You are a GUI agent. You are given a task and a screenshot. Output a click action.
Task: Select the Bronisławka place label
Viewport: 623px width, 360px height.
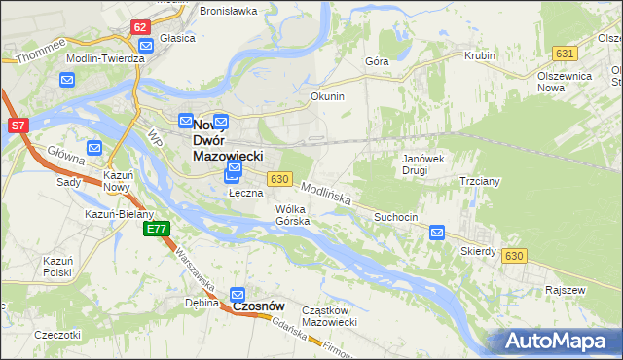click(x=228, y=11)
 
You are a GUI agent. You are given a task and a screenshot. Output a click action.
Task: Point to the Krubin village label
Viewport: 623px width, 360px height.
click(x=480, y=56)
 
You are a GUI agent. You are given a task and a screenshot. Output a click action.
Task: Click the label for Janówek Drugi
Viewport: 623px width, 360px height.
click(x=422, y=163)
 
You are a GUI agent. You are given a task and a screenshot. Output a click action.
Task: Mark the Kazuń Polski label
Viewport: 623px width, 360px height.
click(x=58, y=267)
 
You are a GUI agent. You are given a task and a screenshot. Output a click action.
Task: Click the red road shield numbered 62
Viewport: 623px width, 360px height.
click(x=140, y=27)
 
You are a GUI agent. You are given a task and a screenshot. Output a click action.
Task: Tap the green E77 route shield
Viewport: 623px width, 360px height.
click(x=156, y=229)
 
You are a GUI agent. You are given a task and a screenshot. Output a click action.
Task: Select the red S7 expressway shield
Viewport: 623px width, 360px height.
click(x=18, y=126)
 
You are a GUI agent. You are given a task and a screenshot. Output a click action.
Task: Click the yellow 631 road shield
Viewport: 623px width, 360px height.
click(x=564, y=53)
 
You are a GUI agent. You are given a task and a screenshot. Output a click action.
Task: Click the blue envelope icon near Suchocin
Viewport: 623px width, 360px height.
click(x=437, y=233)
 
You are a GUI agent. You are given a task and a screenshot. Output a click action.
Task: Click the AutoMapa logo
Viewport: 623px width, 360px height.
click(x=556, y=342)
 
